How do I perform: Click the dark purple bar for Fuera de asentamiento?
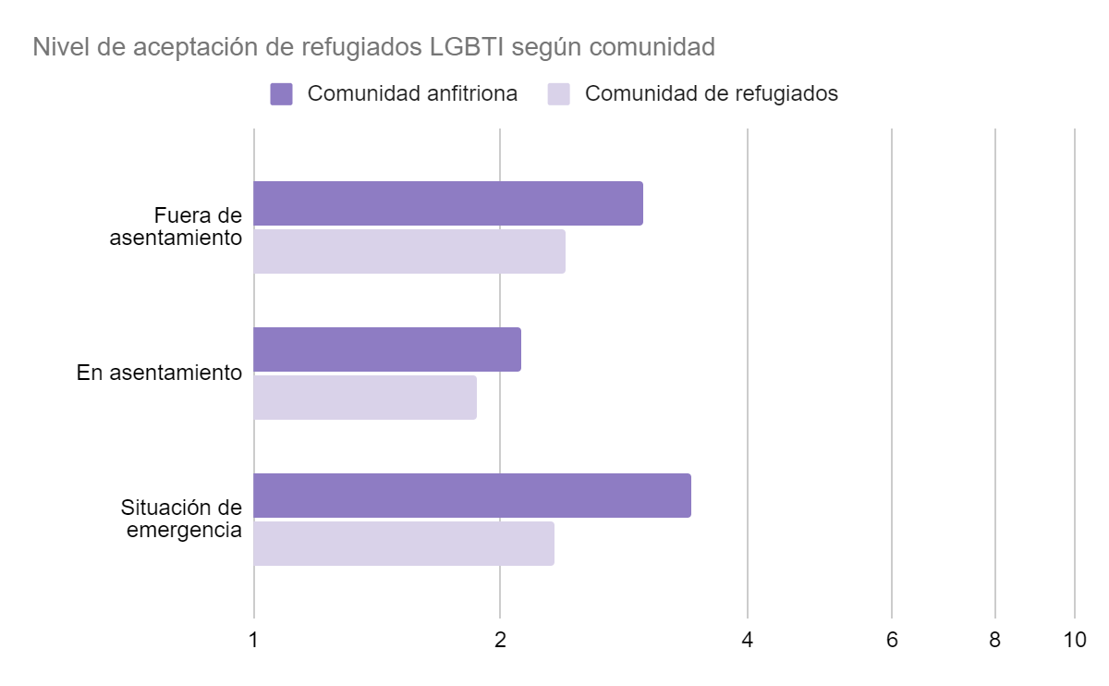(x=448, y=203)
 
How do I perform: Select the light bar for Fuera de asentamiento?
(x=409, y=251)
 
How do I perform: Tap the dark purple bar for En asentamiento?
(x=387, y=349)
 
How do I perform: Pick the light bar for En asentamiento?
(x=365, y=398)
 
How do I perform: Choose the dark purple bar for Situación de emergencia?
(x=472, y=496)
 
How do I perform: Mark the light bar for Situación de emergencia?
(x=404, y=544)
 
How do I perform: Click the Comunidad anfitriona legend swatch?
(x=282, y=94)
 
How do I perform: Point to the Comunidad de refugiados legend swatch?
(x=559, y=94)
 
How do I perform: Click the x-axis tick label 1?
(x=253, y=640)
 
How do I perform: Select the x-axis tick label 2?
(x=500, y=640)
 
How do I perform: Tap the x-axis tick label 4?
(x=747, y=640)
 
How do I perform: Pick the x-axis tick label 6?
(x=892, y=640)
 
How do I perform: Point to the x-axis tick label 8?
(x=994, y=640)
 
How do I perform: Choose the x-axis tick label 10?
(x=1074, y=640)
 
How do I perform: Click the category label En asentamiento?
(x=159, y=374)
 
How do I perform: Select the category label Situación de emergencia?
(x=181, y=520)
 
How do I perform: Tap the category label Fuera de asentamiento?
(x=176, y=227)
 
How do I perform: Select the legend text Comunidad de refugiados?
(x=712, y=94)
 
